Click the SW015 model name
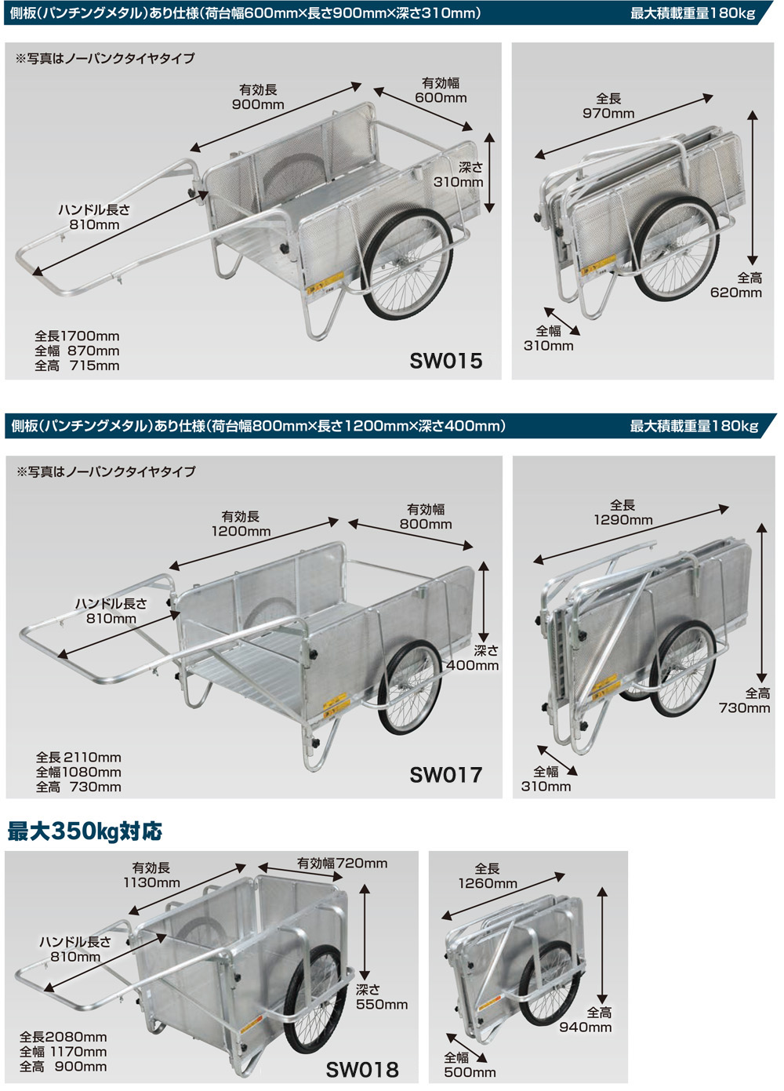coord(445,361)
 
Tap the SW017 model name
coord(445,775)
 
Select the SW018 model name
coord(361,1070)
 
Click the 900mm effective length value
coord(258,105)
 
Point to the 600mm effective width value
coord(441,98)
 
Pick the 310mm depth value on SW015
coord(458,182)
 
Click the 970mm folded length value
coord(608,114)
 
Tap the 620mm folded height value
coord(736,293)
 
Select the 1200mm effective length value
coord(241,531)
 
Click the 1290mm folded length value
coord(622,520)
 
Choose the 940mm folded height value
coord(585,1027)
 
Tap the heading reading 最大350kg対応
coord(85,831)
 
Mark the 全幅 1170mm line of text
coord(63,1052)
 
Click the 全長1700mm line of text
coord(77,336)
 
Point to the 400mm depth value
coord(472,665)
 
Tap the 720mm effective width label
coord(342,864)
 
